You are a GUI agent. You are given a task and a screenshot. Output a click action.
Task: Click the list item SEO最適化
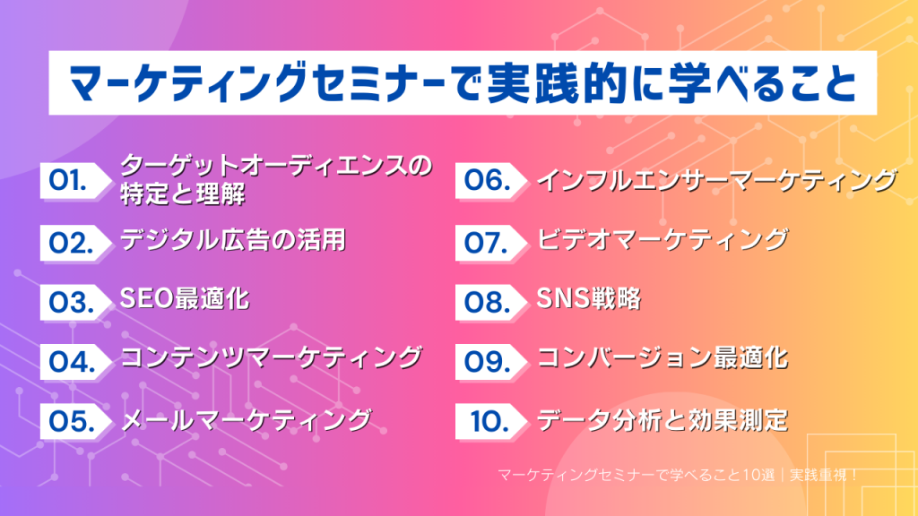(x=185, y=298)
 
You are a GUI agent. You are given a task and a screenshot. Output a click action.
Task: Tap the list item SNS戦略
(x=589, y=298)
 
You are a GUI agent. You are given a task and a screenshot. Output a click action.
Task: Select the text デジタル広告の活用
(x=232, y=239)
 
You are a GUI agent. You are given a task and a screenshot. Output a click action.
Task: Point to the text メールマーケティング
(x=246, y=418)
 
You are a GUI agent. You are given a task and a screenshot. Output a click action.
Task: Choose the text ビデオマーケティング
(x=663, y=239)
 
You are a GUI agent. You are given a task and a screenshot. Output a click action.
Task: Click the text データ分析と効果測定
(x=663, y=418)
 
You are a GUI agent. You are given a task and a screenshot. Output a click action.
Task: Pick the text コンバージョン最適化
(x=663, y=358)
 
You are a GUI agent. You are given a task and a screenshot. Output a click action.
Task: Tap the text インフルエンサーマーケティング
(x=715, y=179)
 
